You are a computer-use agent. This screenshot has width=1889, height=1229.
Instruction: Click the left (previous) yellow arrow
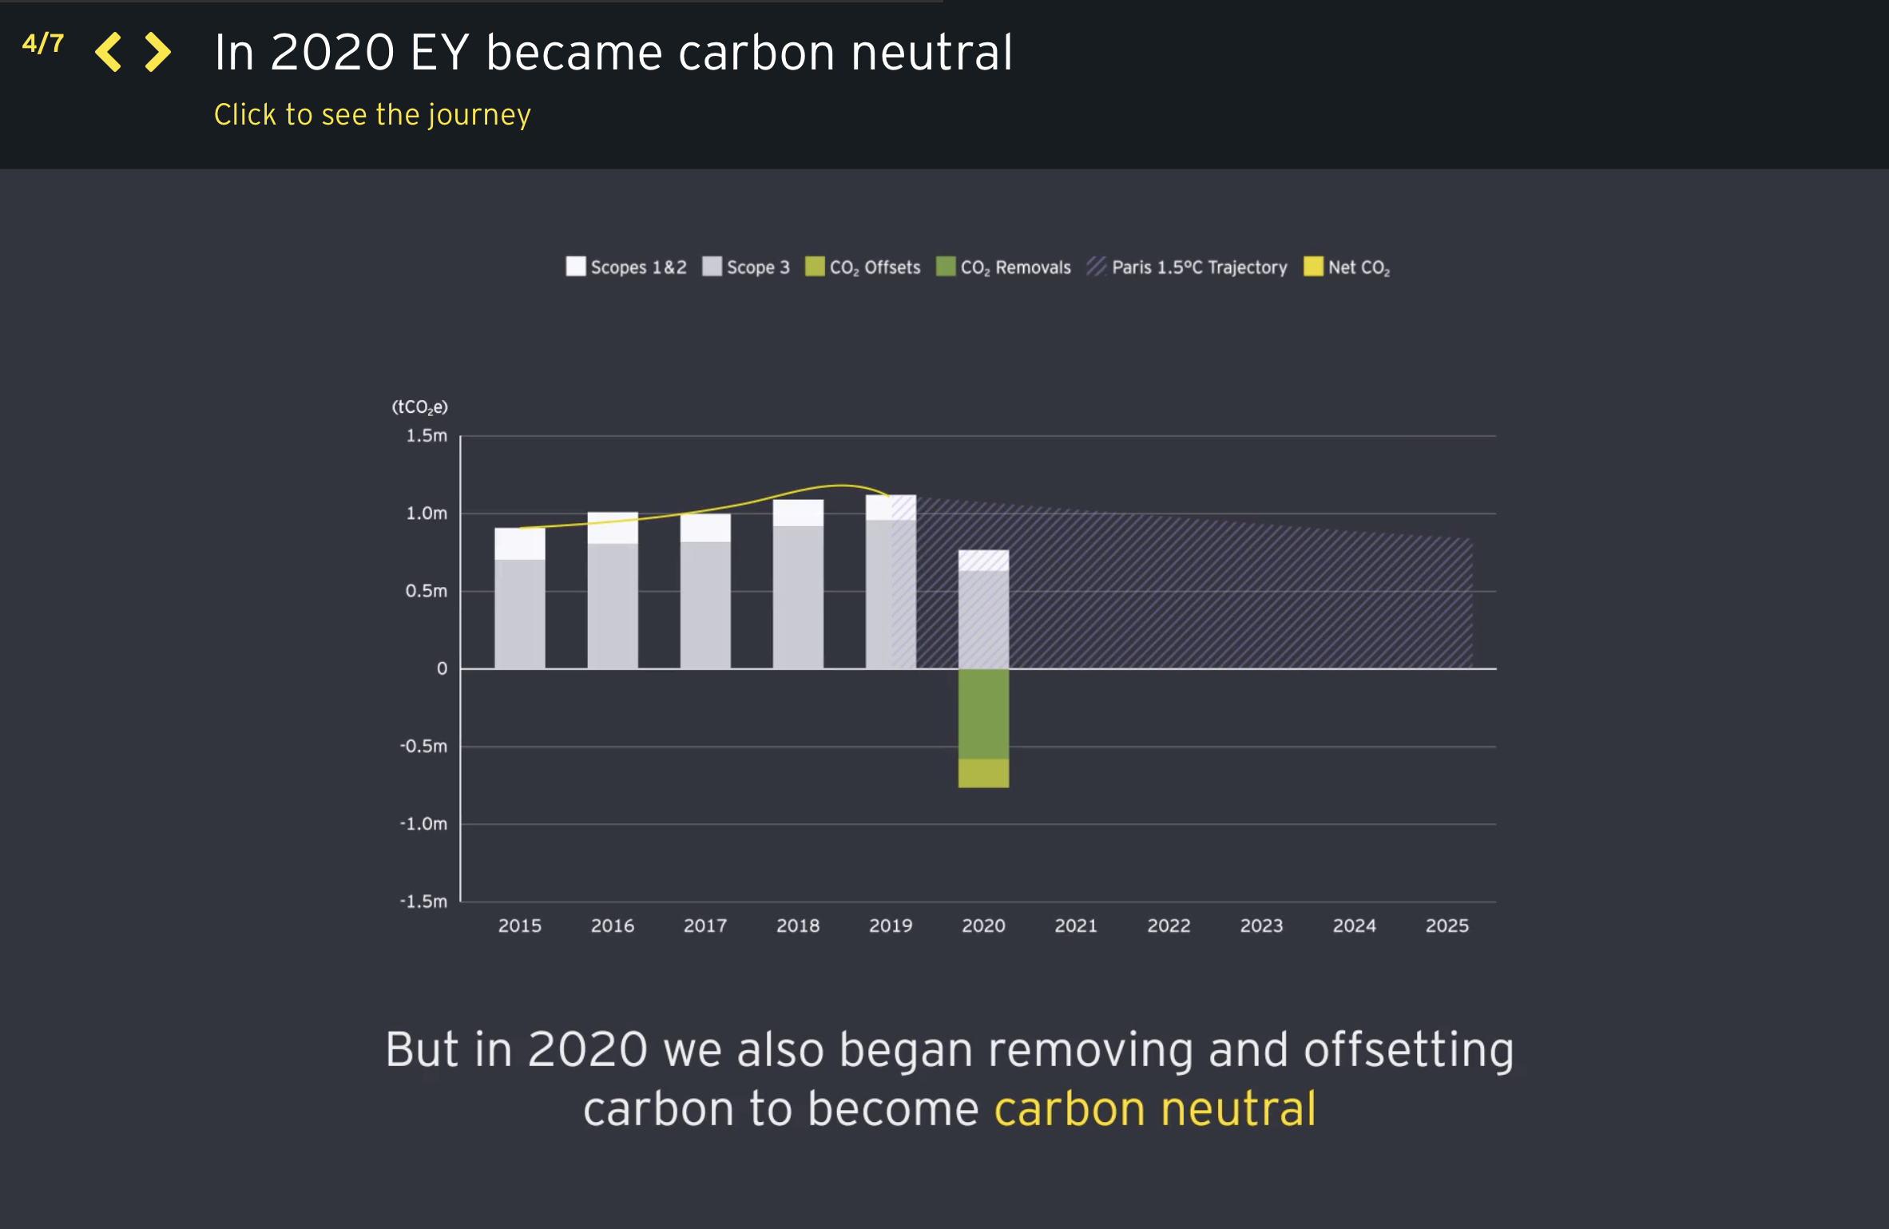109,53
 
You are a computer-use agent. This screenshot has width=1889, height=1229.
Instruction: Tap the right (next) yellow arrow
157,53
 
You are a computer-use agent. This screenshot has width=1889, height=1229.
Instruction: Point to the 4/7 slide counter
43,43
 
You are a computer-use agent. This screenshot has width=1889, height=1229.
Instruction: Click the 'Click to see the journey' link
372,115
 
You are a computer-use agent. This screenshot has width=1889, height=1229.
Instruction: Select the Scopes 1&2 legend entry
626,268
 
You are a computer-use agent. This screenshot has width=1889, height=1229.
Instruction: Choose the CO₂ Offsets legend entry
863,268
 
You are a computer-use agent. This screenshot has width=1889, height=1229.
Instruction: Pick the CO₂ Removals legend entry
1003,268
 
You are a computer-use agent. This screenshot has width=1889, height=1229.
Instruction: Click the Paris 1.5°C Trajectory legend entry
1187,268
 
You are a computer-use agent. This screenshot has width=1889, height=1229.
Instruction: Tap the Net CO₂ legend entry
1347,268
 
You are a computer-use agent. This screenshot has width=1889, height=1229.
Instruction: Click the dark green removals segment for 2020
983,713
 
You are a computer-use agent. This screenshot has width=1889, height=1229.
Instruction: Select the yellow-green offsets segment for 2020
983,773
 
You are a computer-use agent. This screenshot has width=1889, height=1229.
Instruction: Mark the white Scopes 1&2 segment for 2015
520,544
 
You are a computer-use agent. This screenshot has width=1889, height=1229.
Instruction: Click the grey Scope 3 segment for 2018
798,597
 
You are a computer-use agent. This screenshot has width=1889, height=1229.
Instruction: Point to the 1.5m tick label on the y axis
427,436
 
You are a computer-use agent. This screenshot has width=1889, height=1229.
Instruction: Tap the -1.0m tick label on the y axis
423,823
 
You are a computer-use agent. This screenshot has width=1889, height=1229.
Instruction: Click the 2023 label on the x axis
1261,926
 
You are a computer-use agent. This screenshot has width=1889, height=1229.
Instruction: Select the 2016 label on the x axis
613,926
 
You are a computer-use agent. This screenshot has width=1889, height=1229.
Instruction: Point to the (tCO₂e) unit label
419,407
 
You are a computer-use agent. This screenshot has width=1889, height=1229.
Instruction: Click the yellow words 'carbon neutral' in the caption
1155,1109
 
